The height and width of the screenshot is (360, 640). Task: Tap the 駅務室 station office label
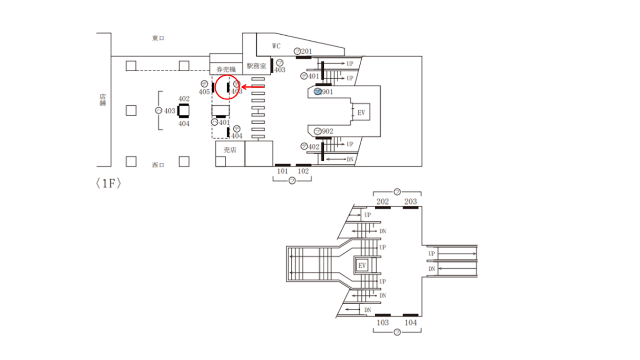click(256, 66)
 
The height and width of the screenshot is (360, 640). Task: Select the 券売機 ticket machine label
click(225, 68)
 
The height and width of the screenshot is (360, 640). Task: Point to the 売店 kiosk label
click(230, 150)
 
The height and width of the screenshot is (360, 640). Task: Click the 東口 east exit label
click(158, 38)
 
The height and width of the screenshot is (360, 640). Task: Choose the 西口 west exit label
click(158, 165)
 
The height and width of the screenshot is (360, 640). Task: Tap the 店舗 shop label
click(103, 99)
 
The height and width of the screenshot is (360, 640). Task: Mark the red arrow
click(253, 87)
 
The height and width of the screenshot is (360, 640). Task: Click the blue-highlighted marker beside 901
click(317, 92)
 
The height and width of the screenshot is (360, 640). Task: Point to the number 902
click(327, 131)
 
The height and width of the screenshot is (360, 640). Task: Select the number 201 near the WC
click(306, 51)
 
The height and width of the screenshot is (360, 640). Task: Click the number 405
click(204, 92)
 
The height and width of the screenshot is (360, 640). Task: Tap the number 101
click(282, 171)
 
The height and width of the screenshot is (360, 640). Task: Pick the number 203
click(410, 202)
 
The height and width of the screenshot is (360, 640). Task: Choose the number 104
click(411, 322)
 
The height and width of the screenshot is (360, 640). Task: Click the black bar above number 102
click(304, 165)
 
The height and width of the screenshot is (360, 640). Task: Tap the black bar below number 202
click(383, 208)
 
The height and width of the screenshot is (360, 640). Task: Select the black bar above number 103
click(383, 315)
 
